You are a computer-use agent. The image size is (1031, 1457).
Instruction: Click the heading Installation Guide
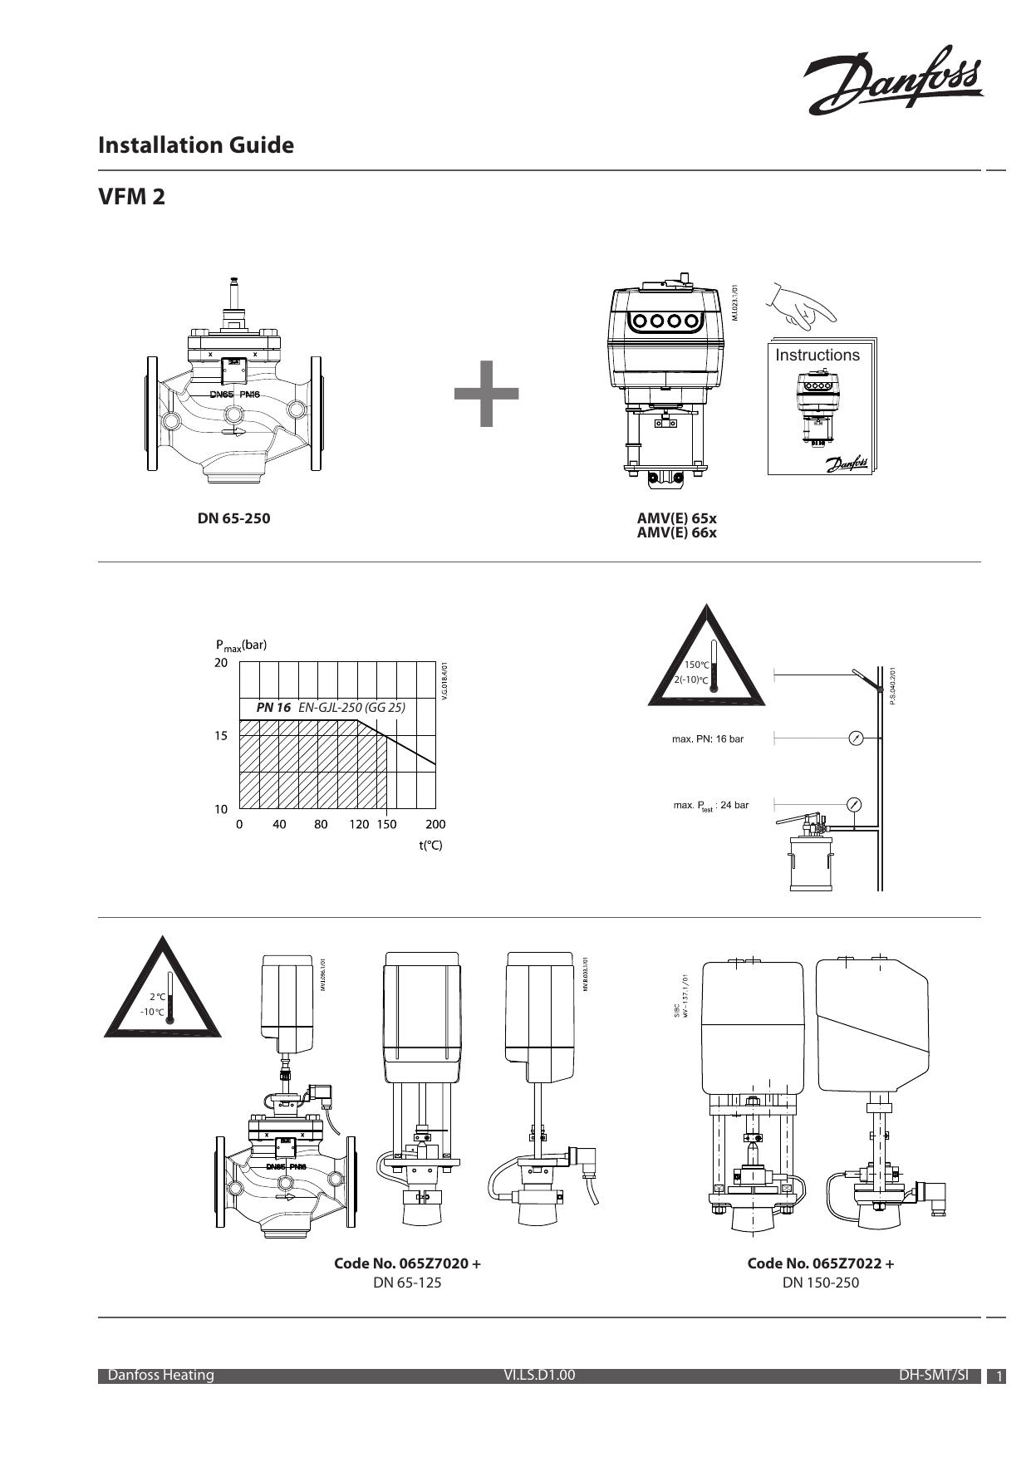coord(196,145)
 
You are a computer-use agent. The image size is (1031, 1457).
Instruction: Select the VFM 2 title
coord(131,198)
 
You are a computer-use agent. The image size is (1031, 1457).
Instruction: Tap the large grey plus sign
coord(487,395)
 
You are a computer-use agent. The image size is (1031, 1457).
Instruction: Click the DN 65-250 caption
coord(233,518)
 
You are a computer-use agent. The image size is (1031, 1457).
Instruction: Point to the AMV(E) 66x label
coord(676,533)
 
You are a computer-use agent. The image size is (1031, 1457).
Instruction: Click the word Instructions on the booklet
coord(817,356)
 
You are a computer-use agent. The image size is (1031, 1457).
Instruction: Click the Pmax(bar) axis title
coord(241,645)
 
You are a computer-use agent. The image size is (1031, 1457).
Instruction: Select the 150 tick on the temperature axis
coord(386,825)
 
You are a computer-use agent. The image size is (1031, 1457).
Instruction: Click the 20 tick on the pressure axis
coord(220,664)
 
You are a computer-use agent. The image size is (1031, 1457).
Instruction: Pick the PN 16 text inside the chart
coord(273,708)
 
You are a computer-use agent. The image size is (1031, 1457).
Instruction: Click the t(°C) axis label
coord(430,846)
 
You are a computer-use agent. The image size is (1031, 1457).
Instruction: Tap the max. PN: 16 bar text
coord(707,738)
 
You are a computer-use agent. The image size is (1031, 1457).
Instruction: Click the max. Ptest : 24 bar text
coord(710,805)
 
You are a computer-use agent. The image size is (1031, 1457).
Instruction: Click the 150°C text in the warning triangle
coord(696,665)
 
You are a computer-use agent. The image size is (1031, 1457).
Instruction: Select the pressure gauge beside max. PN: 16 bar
coord(855,738)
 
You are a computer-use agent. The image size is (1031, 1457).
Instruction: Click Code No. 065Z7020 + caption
coord(407,1263)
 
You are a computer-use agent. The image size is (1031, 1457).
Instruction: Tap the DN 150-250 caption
coord(820,1283)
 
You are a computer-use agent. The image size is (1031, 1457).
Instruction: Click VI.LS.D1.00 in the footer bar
coord(539,1375)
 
